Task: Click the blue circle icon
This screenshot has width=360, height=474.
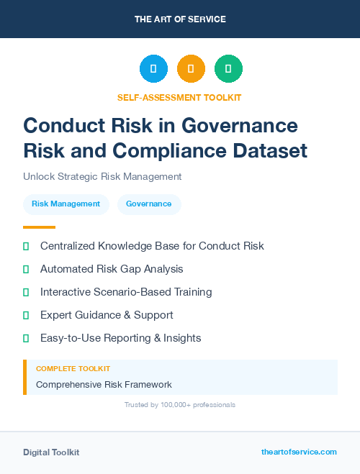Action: pos(153,69)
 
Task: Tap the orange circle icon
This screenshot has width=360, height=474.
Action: pos(191,69)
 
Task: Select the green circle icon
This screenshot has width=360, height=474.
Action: pos(228,69)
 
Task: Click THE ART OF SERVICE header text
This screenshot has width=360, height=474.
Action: pos(180,19)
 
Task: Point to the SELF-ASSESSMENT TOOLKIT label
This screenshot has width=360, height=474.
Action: pos(179,97)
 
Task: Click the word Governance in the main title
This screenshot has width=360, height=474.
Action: pos(239,125)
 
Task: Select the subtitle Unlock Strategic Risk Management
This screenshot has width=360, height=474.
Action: pos(102,176)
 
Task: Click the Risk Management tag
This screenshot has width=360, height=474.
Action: pos(66,204)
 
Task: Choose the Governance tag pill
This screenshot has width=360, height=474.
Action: pos(148,204)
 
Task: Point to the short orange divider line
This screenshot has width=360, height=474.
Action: pos(39,227)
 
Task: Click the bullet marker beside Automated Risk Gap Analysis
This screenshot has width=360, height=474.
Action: pos(26,269)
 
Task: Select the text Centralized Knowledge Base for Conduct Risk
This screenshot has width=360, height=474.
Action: pos(152,246)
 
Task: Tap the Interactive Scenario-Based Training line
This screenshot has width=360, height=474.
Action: pos(126,292)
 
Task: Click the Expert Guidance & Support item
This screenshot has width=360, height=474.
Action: pos(107,315)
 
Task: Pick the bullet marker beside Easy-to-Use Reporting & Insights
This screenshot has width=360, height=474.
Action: pos(26,338)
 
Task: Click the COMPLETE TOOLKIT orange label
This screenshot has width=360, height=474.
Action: pos(73,369)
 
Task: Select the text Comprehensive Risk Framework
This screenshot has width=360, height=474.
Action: pos(104,385)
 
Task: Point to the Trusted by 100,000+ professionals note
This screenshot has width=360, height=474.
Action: pos(180,405)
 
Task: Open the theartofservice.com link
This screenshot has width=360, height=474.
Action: pos(299,452)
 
